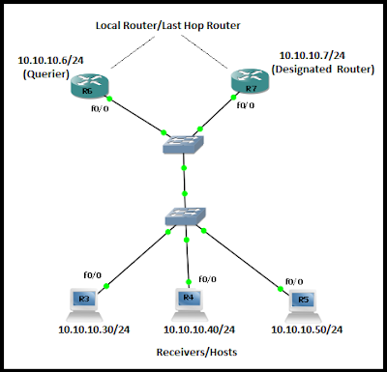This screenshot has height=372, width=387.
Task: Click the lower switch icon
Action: tap(184, 218)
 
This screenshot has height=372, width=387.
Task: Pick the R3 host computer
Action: tap(84, 300)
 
